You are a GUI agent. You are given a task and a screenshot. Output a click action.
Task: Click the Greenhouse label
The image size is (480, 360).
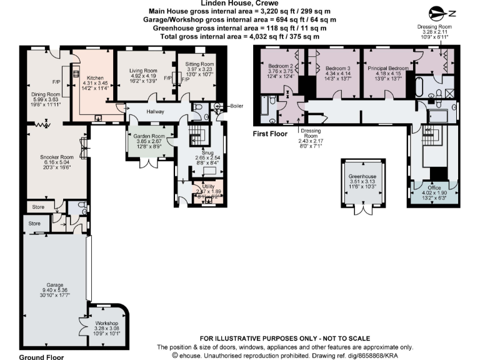point(363,176)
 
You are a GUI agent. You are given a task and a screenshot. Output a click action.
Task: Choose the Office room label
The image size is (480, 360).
point(434,187)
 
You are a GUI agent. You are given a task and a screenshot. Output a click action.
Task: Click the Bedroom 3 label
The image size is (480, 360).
point(337,67)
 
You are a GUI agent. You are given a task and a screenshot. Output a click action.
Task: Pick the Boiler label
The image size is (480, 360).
point(236,106)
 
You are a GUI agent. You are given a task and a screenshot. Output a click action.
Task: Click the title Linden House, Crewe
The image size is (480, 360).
point(240,3)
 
